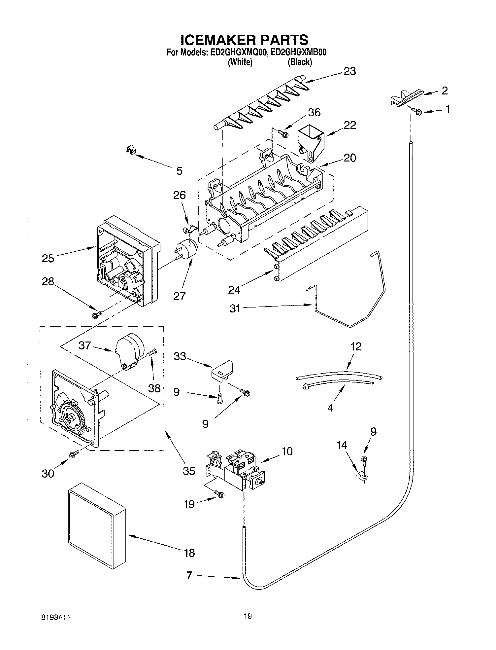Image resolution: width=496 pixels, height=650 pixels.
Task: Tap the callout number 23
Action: [349, 71]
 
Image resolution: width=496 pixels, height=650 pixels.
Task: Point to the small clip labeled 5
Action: [132, 151]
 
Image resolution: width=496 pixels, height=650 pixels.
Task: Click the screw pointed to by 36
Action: [283, 133]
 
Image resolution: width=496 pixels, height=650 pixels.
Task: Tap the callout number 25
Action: [48, 258]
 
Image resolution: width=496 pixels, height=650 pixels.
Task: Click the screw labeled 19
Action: [220, 494]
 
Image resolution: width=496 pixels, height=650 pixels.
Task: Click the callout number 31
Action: [235, 309]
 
